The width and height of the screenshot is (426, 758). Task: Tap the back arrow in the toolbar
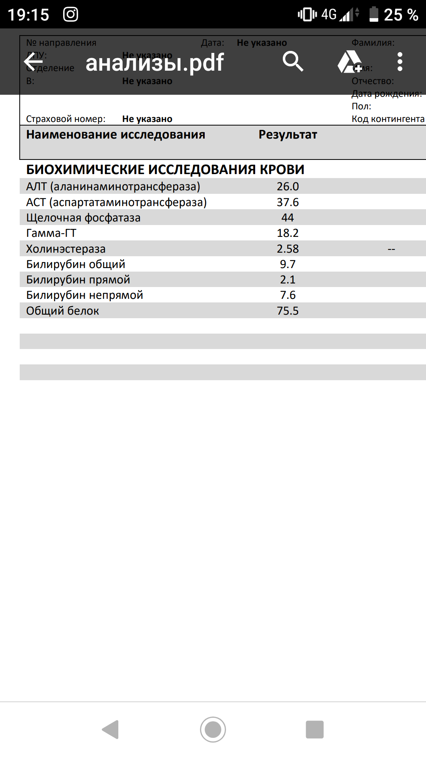click(x=34, y=62)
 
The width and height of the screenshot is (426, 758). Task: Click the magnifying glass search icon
click(x=293, y=62)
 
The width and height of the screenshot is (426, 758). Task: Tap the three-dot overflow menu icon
click(x=400, y=62)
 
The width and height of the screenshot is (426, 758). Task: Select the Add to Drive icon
click(x=349, y=62)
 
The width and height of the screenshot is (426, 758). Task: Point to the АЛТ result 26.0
click(x=288, y=186)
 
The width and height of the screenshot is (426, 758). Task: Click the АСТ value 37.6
click(x=288, y=202)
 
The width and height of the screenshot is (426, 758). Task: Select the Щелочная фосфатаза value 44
click(x=288, y=218)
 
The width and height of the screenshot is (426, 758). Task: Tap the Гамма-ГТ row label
click(x=51, y=233)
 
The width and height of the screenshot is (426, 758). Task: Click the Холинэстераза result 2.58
click(x=288, y=249)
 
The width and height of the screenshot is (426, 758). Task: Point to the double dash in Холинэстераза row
click(x=391, y=249)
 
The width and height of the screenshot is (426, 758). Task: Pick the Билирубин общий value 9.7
click(x=288, y=264)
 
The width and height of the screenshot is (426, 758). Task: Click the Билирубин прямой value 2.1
click(x=288, y=280)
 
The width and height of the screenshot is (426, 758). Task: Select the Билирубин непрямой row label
click(x=84, y=295)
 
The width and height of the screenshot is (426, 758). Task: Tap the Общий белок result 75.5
click(x=288, y=311)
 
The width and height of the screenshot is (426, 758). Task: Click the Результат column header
click(x=288, y=135)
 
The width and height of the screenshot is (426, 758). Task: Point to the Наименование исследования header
click(x=116, y=135)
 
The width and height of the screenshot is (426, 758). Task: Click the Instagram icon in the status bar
click(x=71, y=15)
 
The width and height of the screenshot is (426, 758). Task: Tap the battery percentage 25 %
click(x=401, y=15)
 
